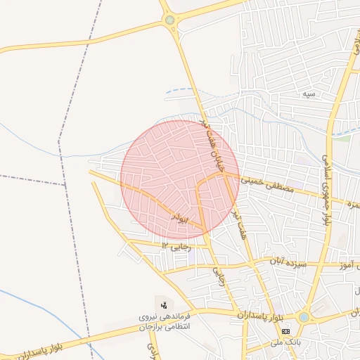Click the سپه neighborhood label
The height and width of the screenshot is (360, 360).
[308, 94]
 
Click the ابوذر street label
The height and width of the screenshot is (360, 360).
[180, 218]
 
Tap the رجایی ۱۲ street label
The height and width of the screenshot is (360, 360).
[176, 245]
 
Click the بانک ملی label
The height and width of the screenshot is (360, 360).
[285, 342]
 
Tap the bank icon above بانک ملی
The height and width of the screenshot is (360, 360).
[285, 330]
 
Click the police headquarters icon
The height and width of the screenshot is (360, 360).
[164, 304]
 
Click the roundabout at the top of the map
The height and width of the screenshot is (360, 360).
[169, 20]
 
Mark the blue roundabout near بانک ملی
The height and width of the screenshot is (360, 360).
[303, 317]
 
